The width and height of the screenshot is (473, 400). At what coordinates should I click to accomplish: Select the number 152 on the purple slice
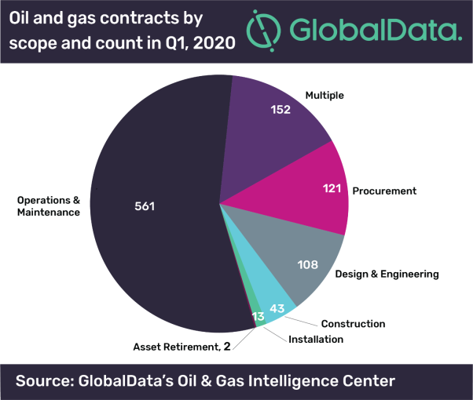(x=280, y=110)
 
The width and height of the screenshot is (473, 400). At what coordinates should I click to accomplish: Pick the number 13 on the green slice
(x=258, y=317)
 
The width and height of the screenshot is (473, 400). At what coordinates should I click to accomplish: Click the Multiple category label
(x=325, y=96)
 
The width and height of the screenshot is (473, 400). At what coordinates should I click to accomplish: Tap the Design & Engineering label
(x=387, y=275)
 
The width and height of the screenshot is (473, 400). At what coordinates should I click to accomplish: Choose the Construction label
(x=353, y=323)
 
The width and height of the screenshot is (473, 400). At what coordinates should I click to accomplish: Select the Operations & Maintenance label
(x=49, y=206)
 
